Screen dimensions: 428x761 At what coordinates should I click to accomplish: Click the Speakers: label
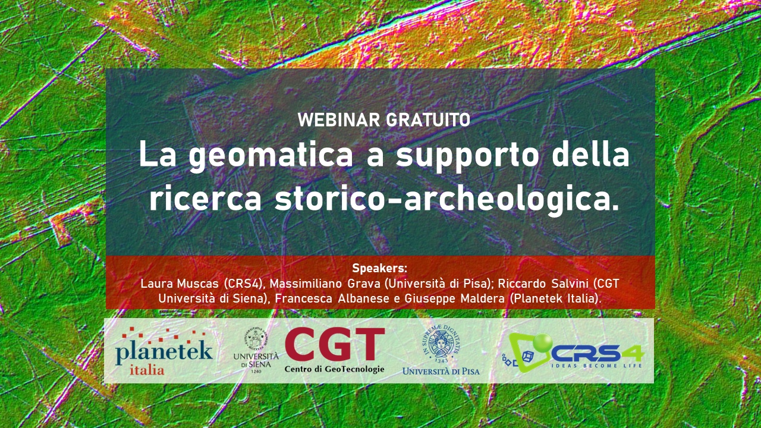point(379,268)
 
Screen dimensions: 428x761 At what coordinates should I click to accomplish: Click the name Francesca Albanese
point(329,298)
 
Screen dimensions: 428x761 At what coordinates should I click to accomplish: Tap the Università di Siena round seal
point(256,339)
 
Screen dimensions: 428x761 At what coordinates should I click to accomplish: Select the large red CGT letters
point(334,345)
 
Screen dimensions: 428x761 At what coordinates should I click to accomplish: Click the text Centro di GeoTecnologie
point(334,369)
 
